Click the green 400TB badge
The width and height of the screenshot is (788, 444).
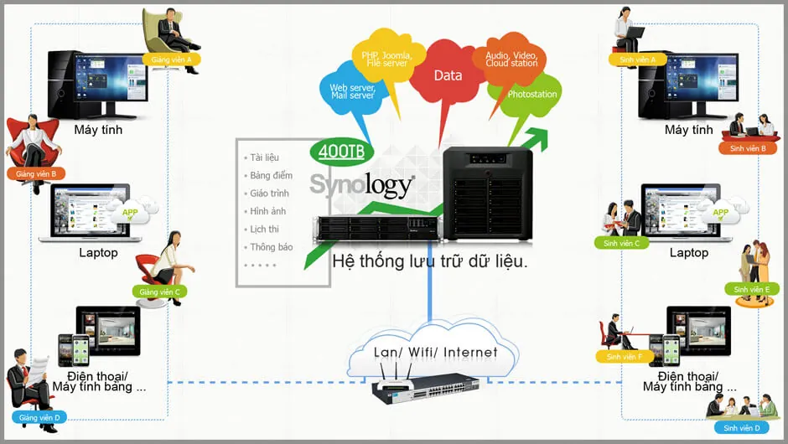point(341,152)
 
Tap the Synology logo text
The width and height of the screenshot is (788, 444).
point(361,184)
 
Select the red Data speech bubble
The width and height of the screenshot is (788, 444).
point(448,75)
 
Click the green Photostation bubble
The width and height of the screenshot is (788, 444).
point(531,95)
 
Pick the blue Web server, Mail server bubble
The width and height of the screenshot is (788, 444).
point(351,91)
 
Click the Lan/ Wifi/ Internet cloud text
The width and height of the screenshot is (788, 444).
point(435,352)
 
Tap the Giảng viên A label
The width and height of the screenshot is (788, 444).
point(171,59)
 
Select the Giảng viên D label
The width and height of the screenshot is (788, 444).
point(40,417)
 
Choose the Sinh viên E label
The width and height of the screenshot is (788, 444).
point(751,289)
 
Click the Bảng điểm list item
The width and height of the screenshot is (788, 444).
point(271,176)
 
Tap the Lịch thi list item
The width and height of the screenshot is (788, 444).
point(264,230)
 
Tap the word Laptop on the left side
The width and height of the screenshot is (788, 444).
point(98,252)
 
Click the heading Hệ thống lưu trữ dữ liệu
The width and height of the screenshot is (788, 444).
point(429,261)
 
